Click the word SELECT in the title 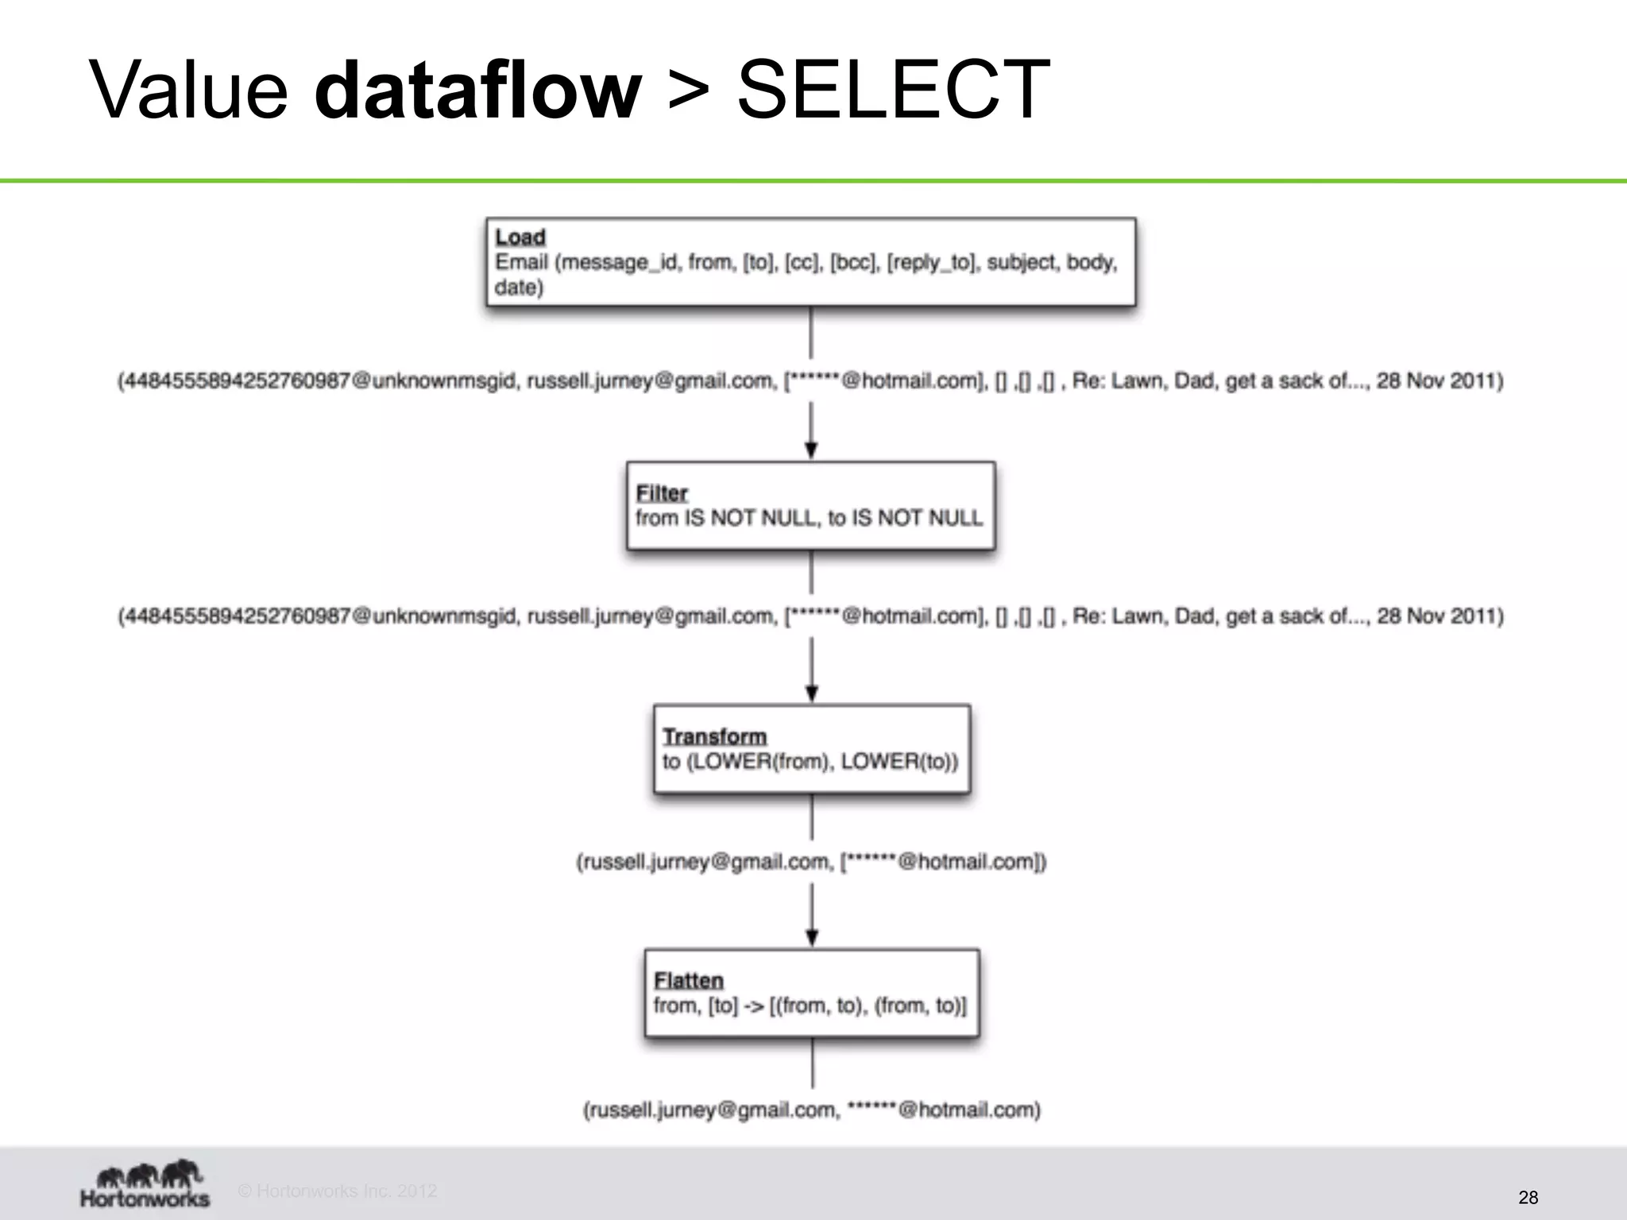[893, 89]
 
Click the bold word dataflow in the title [477, 89]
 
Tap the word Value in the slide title [188, 89]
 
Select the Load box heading [520, 237]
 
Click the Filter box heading [661, 493]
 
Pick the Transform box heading [714, 736]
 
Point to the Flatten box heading [688, 980]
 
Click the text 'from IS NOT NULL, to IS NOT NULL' [809, 518]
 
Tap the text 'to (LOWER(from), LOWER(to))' [810, 762]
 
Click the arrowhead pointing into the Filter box [811, 450]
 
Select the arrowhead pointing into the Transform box [811, 693]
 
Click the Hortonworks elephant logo [146, 1174]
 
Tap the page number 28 [1528, 1197]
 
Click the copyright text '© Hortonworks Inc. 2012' [338, 1191]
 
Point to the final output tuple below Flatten [812, 1110]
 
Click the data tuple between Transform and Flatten [811, 862]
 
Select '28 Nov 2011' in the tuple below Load [1439, 381]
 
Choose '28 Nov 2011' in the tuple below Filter [1439, 616]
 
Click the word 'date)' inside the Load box [519, 288]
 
